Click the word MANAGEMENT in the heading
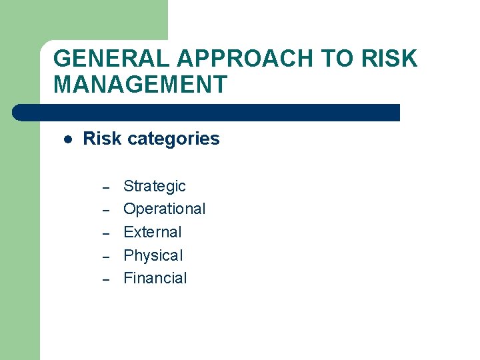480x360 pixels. point(140,85)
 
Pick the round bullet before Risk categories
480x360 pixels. point(67,139)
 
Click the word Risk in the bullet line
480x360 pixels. point(102,139)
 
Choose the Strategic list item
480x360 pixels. point(155,186)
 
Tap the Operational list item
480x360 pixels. point(165,209)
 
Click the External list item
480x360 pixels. point(153,232)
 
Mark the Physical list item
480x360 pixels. point(153,255)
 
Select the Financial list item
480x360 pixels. point(155,278)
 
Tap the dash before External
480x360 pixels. point(105,233)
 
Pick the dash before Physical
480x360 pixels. point(105,257)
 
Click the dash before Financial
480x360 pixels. point(105,279)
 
